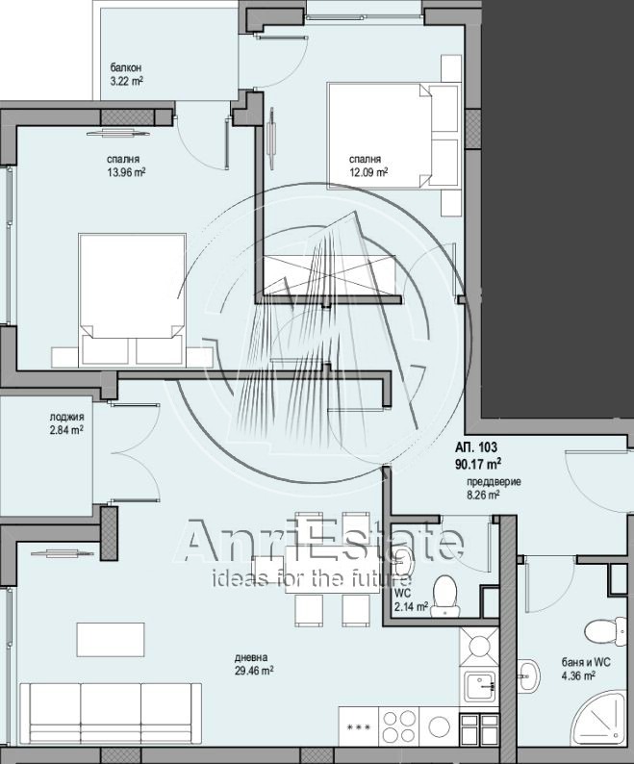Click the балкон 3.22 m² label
pyautogui.click(x=127, y=74)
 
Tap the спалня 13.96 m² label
pyautogui.click(x=126, y=166)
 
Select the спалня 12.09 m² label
pyautogui.click(x=368, y=166)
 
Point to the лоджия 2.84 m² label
pyautogui.click(x=66, y=423)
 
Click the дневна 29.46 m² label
pyautogui.click(x=254, y=664)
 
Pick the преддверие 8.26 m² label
pyautogui.click(x=494, y=488)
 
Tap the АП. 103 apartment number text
pyautogui.click(x=476, y=446)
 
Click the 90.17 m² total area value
pyautogui.click(x=478, y=464)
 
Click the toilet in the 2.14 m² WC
pyautogui.click(x=444, y=596)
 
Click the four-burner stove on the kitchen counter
pyautogui.click(x=399, y=726)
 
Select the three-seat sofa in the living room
pyautogui.click(x=111, y=713)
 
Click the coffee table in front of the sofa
pyautogui.click(x=110, y=639)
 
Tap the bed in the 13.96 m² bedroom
pyautogui.click(x=132, y=299)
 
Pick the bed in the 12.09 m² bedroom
pyautogui.click(x=393, y=136)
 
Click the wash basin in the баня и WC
pyautogui.click(x=529, y=675)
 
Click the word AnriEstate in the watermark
pyautogui.click(x=319, y=541)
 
